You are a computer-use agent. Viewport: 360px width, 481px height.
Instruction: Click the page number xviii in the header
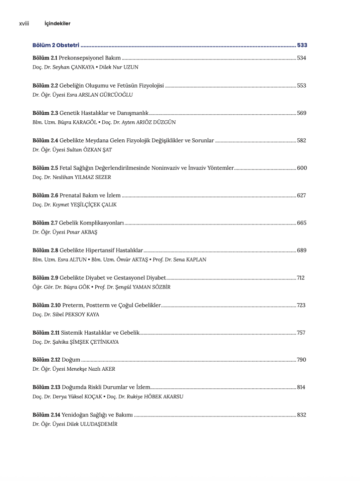24,24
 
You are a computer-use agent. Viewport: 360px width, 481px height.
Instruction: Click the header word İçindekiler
57,24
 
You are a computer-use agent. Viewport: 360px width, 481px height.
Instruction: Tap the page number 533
302,46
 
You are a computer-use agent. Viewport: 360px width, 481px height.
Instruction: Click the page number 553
301,86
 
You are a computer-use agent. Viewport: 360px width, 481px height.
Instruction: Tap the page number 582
301,141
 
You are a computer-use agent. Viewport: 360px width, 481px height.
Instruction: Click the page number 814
300,387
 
